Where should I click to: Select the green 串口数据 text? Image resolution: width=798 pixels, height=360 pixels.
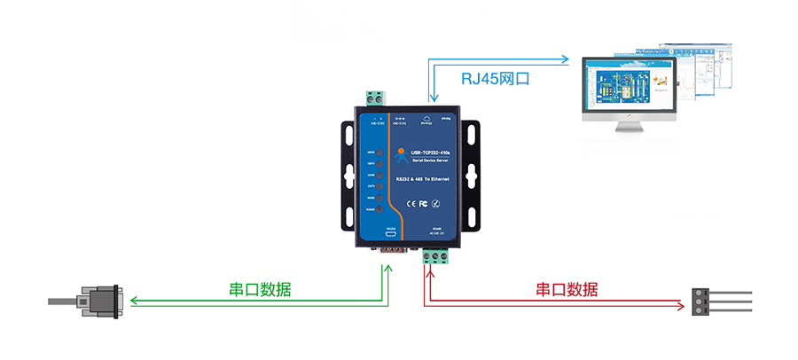[261, 289]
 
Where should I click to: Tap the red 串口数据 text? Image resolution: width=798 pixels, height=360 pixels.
[567, 289]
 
